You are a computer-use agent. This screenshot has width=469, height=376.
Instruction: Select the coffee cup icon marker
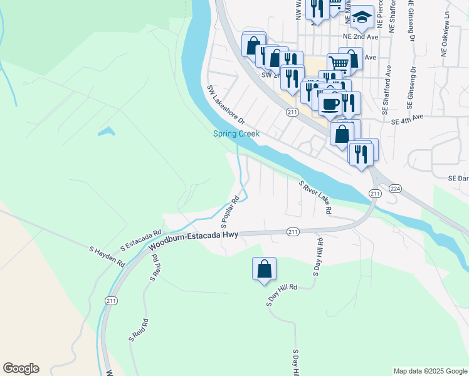[329, 103]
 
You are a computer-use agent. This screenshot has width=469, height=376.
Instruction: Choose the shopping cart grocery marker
[339, 63]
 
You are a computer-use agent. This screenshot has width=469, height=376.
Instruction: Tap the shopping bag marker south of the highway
[265, 269]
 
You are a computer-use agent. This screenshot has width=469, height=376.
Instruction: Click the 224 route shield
[394, 188]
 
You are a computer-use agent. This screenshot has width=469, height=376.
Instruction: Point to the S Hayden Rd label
[107, 256]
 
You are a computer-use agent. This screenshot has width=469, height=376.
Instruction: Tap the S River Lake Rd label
[315, 197]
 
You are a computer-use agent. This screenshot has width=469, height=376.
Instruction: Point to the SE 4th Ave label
[407, 117]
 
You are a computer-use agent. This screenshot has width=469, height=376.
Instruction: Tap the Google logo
[21, 368]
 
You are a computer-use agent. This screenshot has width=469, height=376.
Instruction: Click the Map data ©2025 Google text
[429, 371]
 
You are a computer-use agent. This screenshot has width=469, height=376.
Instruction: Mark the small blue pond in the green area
[106, 132]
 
